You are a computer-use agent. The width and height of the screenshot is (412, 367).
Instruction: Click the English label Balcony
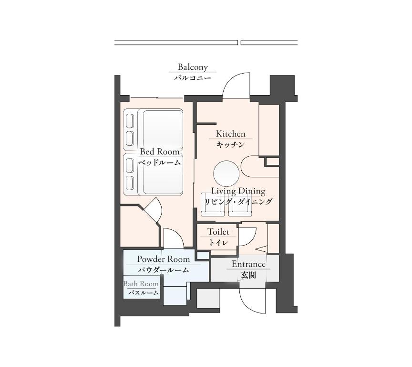click(193, 67)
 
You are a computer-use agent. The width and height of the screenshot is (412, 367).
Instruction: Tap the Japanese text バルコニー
click(192, 78)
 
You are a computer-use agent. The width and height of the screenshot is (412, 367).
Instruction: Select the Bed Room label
click(159, 151)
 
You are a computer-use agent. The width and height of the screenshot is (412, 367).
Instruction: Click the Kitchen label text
click(230, 134)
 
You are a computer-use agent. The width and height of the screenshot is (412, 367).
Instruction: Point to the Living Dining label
click(238, 191)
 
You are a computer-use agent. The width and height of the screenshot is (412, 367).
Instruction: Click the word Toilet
click(218, 232)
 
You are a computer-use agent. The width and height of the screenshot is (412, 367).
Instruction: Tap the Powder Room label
click(164, 259)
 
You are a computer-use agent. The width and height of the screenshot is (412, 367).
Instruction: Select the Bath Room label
click(141, 284)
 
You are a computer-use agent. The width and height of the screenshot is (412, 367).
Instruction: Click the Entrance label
click(248, 264)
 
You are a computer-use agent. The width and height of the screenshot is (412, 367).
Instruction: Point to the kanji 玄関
click(248, 275)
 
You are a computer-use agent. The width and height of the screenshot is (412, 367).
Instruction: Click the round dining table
click(227, 173)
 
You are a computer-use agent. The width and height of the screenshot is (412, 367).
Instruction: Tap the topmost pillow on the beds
click(130, 121)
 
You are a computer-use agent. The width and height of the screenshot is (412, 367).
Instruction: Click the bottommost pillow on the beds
click(130, 183)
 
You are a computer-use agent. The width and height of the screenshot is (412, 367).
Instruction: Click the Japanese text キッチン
click(230, 144)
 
